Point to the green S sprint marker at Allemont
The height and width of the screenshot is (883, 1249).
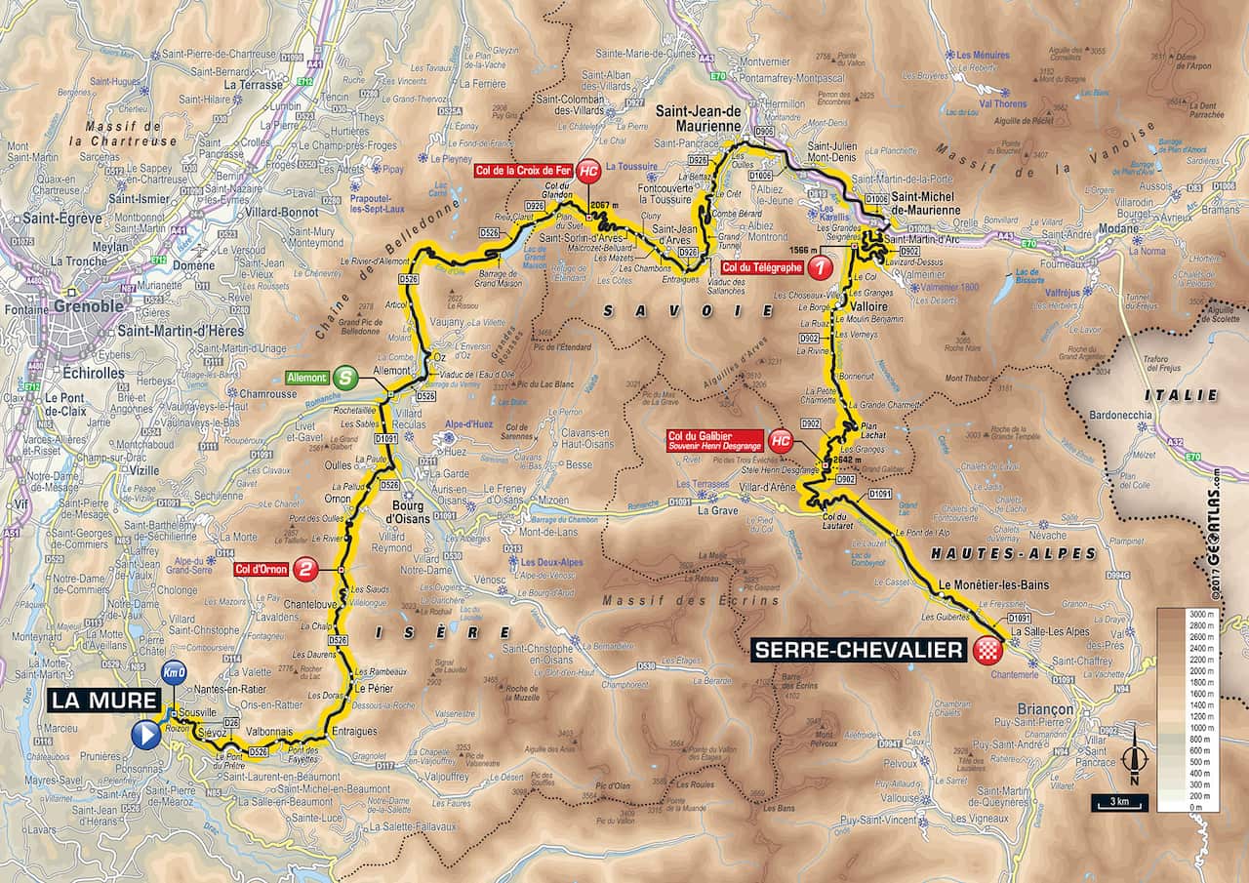pyautogui.click(x=343, y=377)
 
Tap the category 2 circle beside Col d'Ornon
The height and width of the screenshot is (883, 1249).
pyautogui.click(x=306, y=570)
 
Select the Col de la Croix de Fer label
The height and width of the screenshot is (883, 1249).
pyautogui.click(x=523, y=169)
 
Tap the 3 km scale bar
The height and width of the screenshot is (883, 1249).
pyautogui.click(x=1119, y=803)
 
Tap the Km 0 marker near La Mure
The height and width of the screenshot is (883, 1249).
pyautogui.click(x=174, y=672)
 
